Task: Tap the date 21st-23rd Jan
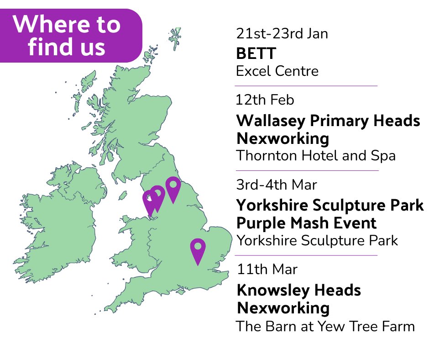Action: [282, 34]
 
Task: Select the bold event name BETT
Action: [256, 53]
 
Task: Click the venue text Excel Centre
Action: [277, 71]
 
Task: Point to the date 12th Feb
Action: [265, 100]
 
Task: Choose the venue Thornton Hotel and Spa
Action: [315, 155]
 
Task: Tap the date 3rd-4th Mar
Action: [277, 185]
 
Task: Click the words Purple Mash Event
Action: [307, 223]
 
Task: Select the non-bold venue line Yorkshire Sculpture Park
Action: [317, 240]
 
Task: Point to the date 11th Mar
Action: [267, 269]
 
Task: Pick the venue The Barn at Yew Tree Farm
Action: [325, 327]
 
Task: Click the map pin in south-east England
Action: [198, 249]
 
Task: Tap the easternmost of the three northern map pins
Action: [173, 187]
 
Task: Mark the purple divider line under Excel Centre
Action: [306, 85]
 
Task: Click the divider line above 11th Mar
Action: [306, 255]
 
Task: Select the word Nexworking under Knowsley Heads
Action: [283, 308]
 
